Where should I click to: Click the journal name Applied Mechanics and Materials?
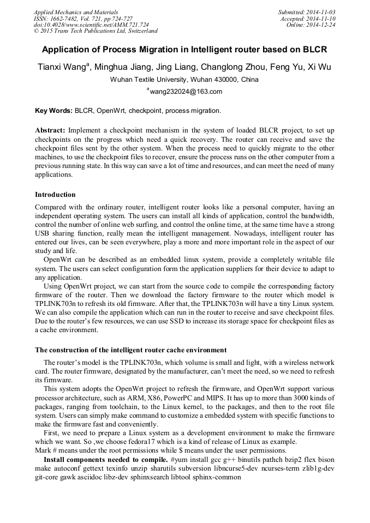[76, 11]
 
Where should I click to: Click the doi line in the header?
[91, 25]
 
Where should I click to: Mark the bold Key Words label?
[53, 111]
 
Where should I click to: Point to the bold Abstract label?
[50, 131]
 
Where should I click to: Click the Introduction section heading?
[55, 195]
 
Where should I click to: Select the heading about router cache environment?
[130, 350]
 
